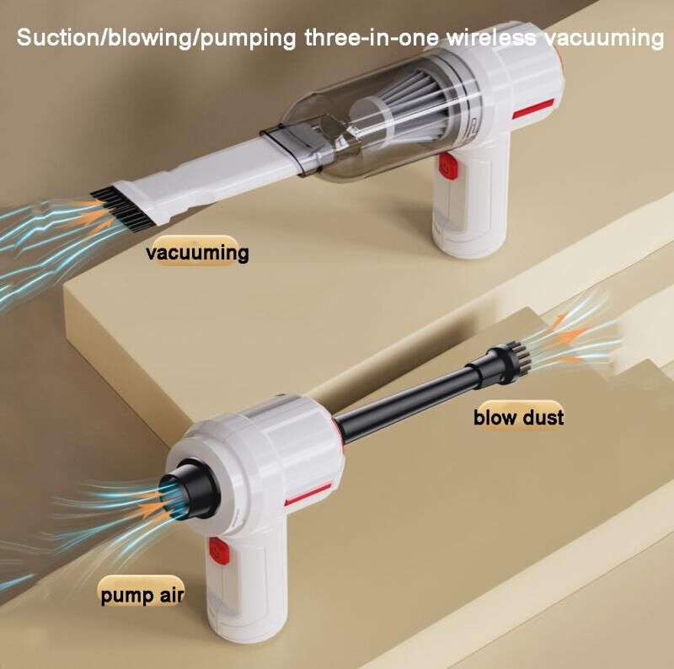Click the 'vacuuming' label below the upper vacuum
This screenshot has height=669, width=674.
click(197, 252)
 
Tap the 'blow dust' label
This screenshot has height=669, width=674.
click(518, 417)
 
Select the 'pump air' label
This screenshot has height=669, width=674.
click(142, 595)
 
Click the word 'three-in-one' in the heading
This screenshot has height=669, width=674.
click(372, 37)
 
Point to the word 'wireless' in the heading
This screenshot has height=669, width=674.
click(491, 37)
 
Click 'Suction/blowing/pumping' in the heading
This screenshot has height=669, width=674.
click(157, 38)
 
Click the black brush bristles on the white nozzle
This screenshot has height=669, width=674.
click(122, 206)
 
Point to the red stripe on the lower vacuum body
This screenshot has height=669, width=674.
click(308, 494)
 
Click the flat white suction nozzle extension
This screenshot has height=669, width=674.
click(215, 172)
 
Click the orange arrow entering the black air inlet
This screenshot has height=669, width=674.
click(152, 511)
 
